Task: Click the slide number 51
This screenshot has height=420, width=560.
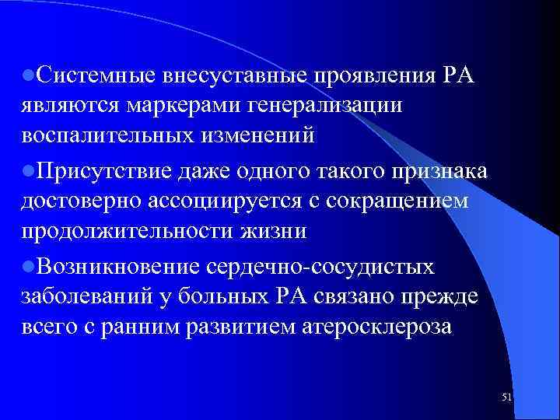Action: point(507,397)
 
